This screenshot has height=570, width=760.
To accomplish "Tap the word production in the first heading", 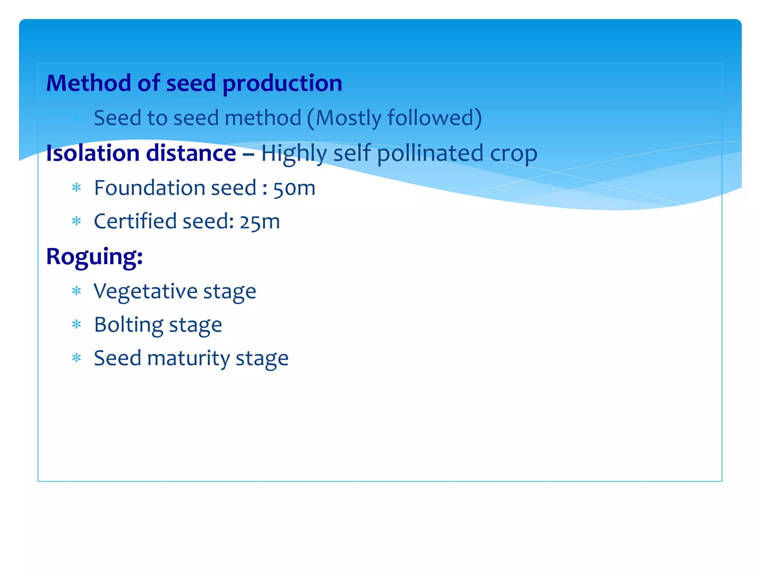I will click(282, 83).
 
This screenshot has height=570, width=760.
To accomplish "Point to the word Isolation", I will click(92, 153).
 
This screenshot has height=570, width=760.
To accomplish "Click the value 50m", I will click(294, 188).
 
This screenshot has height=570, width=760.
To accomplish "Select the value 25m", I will click(259, 222).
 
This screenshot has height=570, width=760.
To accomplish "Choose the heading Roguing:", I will click(94, 257).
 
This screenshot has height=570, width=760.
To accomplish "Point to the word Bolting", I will click(128, 325).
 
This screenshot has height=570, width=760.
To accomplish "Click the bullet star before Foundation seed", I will click(76, 188).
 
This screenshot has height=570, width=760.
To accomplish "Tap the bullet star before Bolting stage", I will click(76, 325).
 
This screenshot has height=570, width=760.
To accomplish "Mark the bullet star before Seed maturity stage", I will click(76, 358).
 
